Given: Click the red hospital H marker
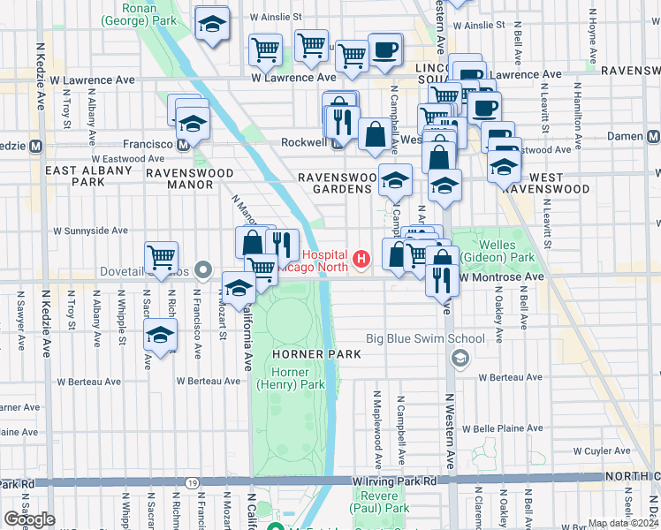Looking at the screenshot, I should point(361,259).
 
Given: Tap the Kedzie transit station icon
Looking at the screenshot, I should point(36,146).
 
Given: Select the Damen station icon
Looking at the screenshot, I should point(653,136).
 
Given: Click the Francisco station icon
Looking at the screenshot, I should point(182,144).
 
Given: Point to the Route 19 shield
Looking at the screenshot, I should point(192,482).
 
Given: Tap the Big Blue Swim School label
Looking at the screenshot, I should point(426,338).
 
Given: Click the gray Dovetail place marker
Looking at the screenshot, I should point(204,269).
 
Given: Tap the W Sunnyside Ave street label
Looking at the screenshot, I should point(90,231).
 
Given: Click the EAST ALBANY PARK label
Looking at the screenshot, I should point(76,176).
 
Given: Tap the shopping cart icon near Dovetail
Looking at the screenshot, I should point(162,258).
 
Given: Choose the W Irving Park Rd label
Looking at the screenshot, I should point(394,481).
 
